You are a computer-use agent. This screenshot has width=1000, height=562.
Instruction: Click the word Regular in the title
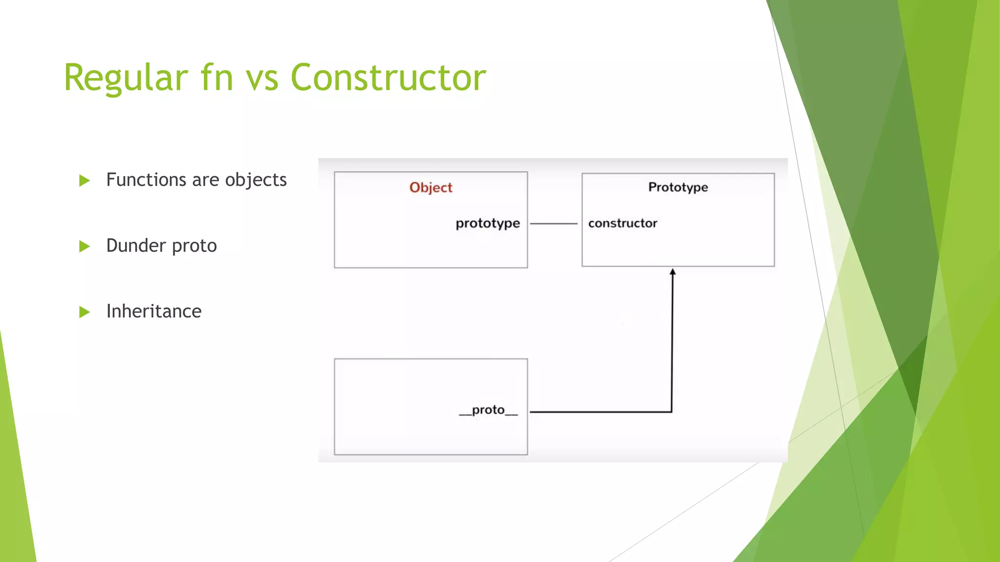click(x=125, y=78)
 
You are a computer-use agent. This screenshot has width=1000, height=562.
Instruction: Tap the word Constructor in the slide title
click(x=388, y=78)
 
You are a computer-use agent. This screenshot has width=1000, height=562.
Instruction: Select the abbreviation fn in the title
click(x=217, y=78)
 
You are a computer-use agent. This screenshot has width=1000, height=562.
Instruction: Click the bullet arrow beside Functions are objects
click(x=84, y=181)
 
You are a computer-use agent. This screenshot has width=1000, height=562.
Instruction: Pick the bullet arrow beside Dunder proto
click(x=84, y=246)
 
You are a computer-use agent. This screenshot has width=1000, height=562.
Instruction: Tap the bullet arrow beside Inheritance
click(x=84, y=312)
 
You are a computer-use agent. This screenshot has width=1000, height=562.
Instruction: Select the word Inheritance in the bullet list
click(x=154, y=311)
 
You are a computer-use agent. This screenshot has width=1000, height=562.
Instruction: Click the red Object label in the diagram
click(x=431, y=187)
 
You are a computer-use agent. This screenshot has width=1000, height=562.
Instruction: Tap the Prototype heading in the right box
click(x=678, y=187)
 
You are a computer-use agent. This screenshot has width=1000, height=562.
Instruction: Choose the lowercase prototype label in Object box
click(x=487, y=223)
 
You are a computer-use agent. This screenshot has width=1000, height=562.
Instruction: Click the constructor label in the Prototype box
click(x=623, y=223)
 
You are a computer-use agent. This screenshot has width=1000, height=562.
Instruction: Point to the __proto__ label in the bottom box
click(x=488, y=410)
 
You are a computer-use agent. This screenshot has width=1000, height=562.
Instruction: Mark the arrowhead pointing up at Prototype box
click(x=672, y=272)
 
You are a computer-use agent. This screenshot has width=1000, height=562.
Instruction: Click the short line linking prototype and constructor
click(x=554, y=223)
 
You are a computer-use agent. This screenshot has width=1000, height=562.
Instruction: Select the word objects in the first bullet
click(x=255, y=180)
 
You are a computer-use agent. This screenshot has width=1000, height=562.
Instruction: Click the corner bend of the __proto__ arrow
click(x=671, y=412)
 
